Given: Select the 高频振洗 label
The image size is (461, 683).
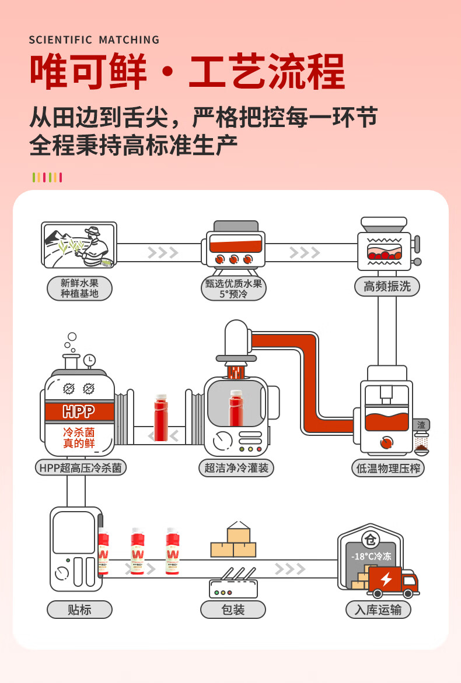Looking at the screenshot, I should pyautogui.click(x=387, y=286).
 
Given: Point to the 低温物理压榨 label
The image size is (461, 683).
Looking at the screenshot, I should pyautogui.click(x=387, y=468).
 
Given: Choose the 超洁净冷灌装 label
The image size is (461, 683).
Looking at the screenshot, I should pyautogui.click(x=236, y=467).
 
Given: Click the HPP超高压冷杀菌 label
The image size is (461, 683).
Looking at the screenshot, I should pyautogui.click(x=81, y=467).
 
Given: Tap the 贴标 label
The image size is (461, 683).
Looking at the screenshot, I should pyautogui.click(x=79, y=610).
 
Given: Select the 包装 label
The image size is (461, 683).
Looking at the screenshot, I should pyautogui.click(x=233, y=610).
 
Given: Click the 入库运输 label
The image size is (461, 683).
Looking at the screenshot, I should pyautogui.click(x=378, y=610).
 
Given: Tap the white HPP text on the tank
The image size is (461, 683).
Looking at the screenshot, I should pyautogui.click(x=78, y=412).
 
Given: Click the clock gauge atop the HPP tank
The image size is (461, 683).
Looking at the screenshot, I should pyautogui.click(x=89, y=361).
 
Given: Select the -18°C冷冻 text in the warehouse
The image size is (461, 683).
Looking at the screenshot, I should pyautogui.click(x=370, y=556).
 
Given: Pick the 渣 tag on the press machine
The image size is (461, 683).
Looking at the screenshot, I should pyautogui.click(x=421, y=425).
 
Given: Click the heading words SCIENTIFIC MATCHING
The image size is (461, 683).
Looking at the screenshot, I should pyautogui.click(x=94, y=40).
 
